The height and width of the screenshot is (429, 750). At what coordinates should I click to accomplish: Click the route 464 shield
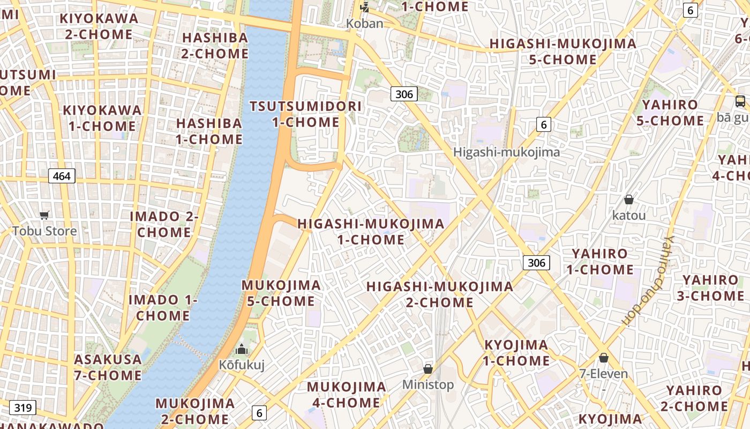click(x=62, y=175)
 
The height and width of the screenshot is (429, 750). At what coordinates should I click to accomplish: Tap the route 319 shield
click(x=23, y=408)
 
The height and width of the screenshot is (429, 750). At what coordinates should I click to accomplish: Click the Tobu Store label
click(x=44, y=231)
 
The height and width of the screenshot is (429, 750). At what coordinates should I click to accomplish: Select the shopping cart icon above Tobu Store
click(x=44, y=215)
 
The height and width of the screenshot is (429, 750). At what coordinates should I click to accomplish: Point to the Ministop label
click(x=427, y=384)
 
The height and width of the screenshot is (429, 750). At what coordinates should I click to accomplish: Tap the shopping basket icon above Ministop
click(x=427, y=369)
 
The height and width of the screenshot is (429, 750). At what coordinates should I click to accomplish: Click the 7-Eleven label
click(x=603, y=374)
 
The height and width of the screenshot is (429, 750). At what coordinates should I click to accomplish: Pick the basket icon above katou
click(x=629, y=199)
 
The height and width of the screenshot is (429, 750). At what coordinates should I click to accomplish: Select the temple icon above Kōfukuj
click(x=242, y=349)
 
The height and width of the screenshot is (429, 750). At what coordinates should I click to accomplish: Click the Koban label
click(x=364, y=24)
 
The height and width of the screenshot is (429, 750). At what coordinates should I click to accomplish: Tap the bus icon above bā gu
click(x=740, y=101)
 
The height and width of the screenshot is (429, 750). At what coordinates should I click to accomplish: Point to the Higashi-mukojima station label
click(x=506, y=152)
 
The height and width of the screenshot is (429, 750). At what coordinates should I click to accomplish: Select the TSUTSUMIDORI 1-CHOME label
click(x=306, y=114)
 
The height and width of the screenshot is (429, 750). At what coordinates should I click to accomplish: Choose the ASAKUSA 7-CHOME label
click(x=108, y=367)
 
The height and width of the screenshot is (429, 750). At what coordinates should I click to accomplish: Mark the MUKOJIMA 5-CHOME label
click(x=281, y=293)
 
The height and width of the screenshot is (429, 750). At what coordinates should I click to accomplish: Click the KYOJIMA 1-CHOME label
click(x=516, y=352)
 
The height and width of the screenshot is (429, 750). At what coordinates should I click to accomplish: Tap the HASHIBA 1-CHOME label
click(x=209, y=131)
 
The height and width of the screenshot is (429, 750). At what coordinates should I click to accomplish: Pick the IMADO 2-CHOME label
click(x=164, y=224)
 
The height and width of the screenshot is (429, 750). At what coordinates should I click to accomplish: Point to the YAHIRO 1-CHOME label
click(x=599, y=261)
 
